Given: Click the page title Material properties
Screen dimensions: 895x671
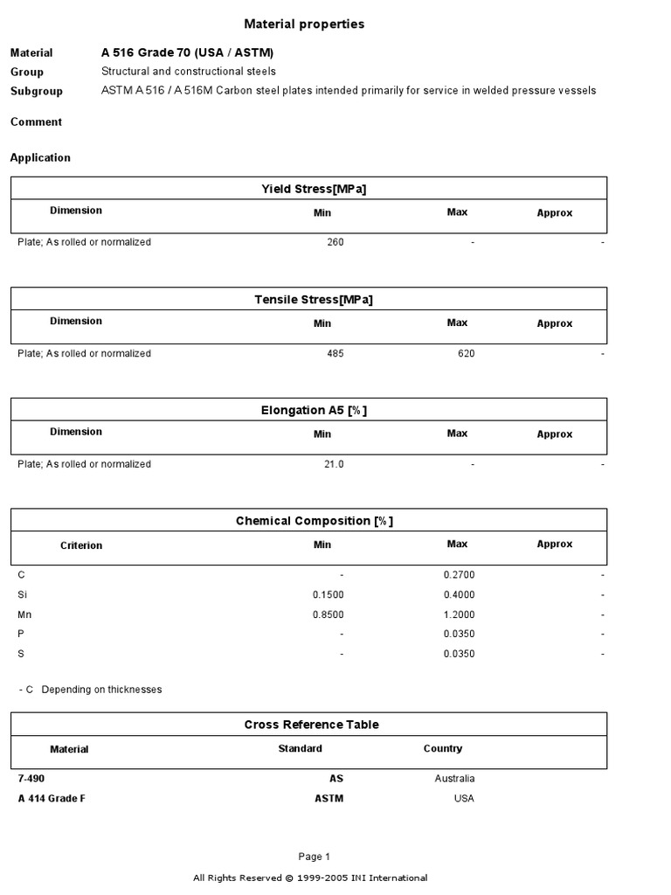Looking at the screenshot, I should pos(304,24).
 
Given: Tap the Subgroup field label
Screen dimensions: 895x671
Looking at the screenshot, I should pos(36,91).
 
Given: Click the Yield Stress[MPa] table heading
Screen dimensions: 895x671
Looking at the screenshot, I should pos(308,189).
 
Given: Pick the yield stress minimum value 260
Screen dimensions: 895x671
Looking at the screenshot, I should pos(335,242).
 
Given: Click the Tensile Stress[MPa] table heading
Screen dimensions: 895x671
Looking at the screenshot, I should pos(308,300).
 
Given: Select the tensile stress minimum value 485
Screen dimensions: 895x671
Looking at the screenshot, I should pos(335,354).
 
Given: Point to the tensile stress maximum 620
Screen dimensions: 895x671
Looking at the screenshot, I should pos(466,354).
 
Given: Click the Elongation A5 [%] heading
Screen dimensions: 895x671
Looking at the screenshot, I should pos(308,410).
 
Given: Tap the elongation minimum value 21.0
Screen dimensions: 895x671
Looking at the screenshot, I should pos(334,464).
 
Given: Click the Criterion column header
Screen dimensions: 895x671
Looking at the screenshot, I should pos(81,545).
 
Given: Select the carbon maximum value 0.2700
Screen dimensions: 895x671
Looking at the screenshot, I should pos(459,575).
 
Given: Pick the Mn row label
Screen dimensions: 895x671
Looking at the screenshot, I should pos(24,614).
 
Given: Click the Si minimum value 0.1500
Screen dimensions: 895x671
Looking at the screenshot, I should pos(328,595).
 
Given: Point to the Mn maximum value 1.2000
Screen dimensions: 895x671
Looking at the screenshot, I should pos(459,614).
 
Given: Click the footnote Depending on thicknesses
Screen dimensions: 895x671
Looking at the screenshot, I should pos(101,690).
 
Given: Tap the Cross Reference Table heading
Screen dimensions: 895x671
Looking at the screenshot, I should pos(311,725).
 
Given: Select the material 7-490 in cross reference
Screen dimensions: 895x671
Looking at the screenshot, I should pos(31,778).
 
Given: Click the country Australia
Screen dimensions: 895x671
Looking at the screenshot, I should pos(454,778).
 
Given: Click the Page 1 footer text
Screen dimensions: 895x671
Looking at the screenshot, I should pos(314,857).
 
